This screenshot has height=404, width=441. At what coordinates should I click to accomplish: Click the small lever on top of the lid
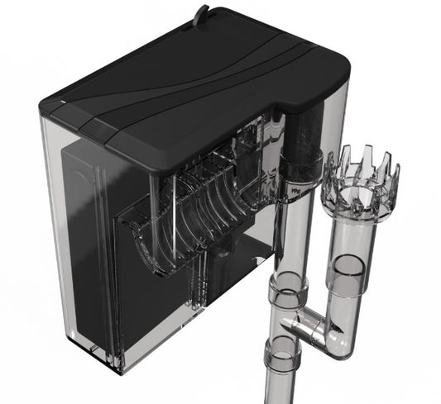coord(201,13)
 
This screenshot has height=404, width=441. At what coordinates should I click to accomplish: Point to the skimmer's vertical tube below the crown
coord(351,240)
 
